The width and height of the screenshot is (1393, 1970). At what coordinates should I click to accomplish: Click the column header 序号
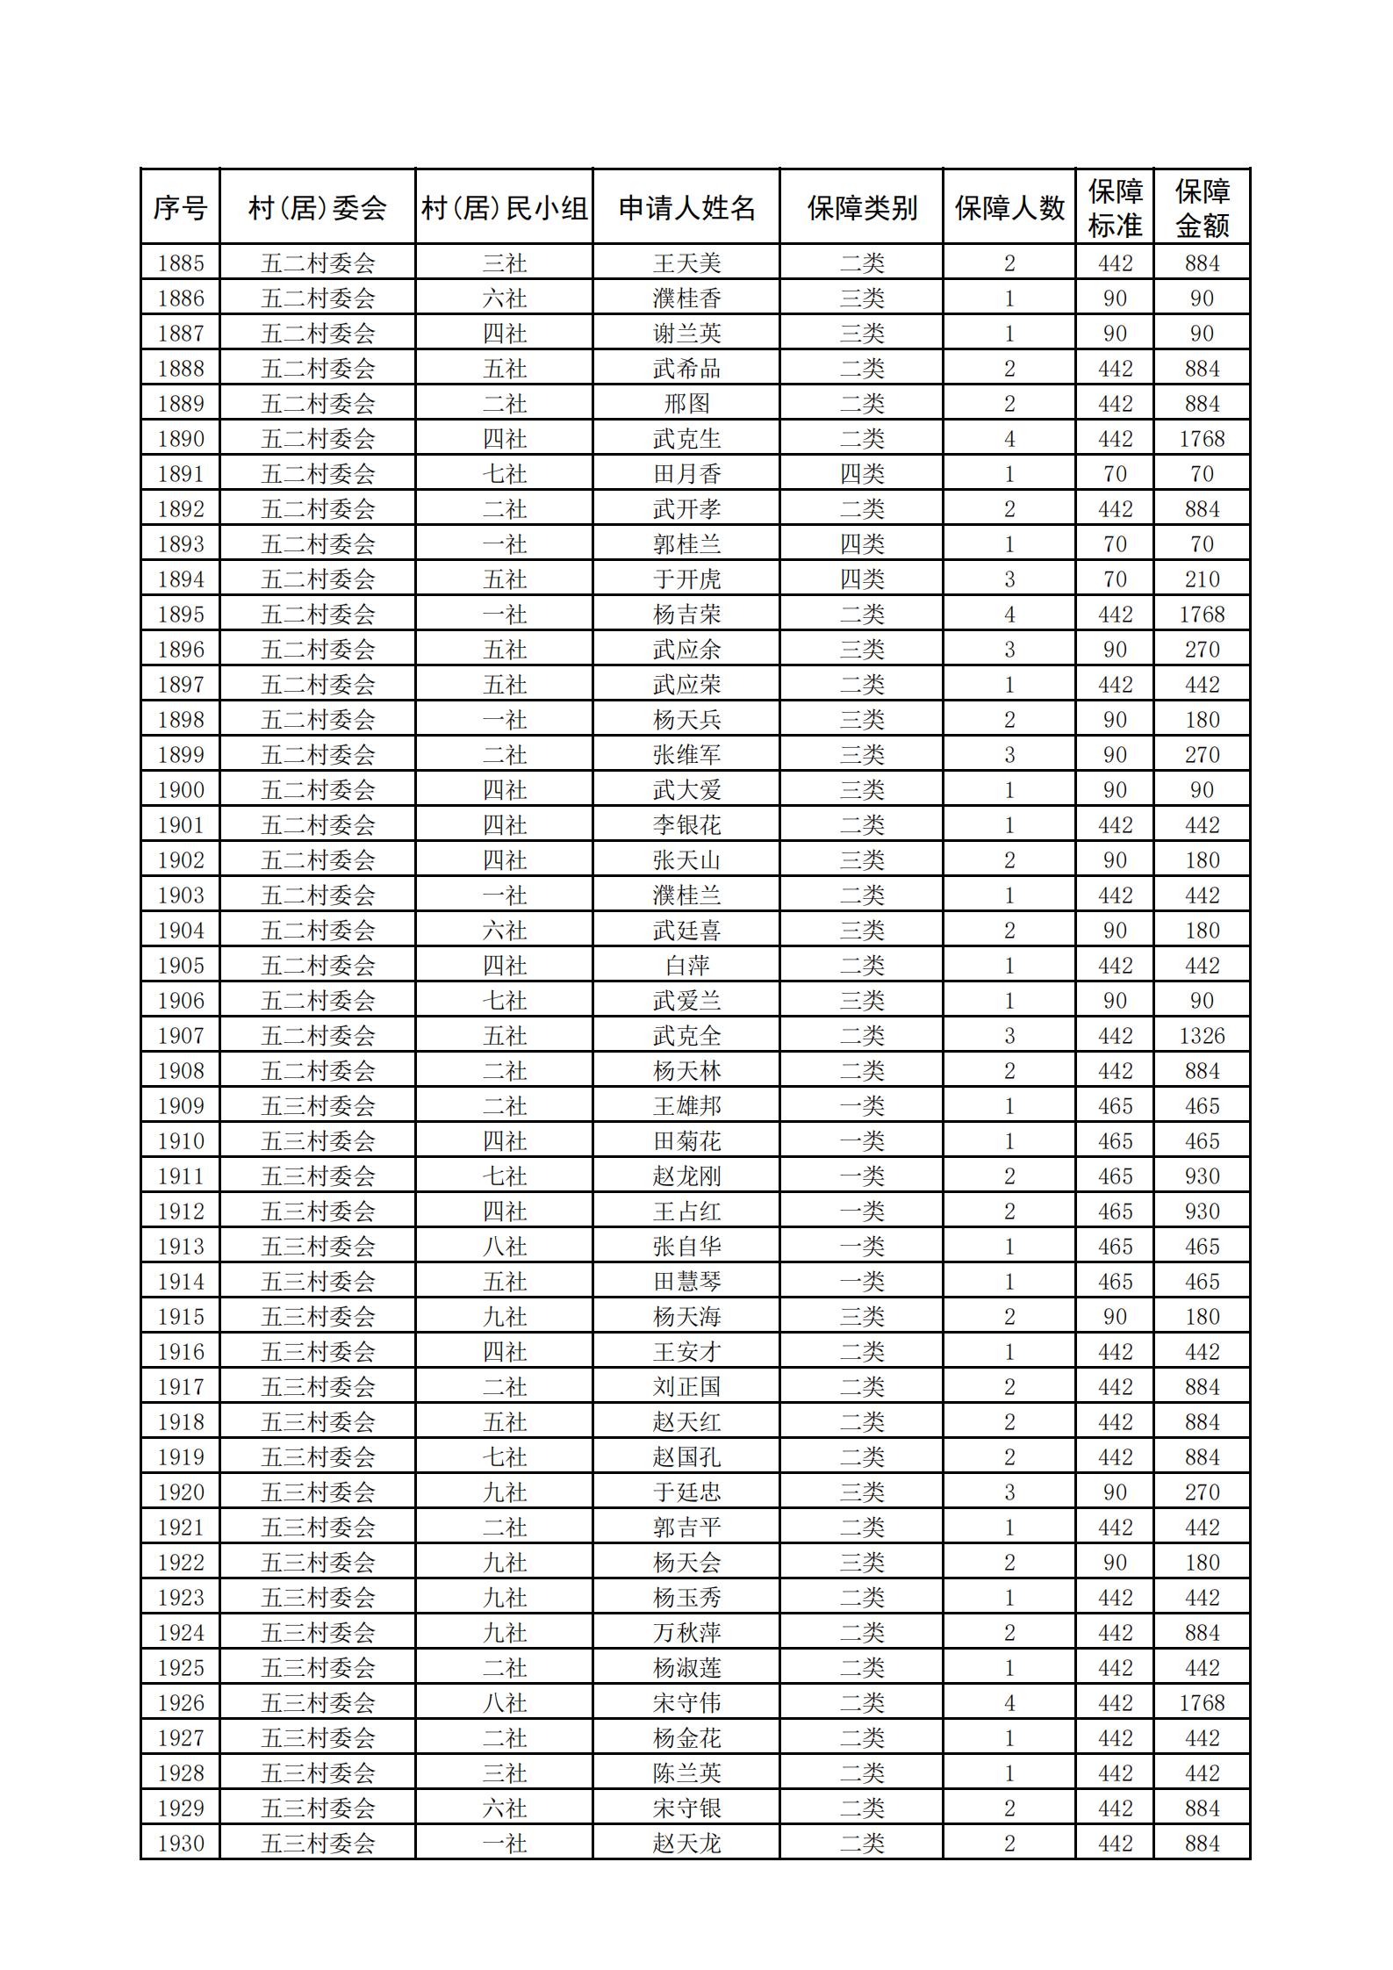tap(180, 208)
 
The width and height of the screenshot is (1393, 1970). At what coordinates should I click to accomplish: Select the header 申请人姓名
tap(686, 208)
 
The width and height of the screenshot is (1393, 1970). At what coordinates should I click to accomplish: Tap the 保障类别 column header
tap(861, 208)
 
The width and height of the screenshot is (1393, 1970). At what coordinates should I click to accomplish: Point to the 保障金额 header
tap(1202, 208)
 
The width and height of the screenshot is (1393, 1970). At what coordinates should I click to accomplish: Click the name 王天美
tap(686, 263)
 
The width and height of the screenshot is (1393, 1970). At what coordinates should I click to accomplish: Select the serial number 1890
tap(180, 439)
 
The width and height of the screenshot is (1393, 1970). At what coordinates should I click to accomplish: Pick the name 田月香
tap(686, 474)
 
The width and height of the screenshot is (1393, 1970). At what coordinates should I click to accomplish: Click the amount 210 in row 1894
tap(1202, 579)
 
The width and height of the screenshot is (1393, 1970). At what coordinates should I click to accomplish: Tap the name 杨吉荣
tap(686, 615)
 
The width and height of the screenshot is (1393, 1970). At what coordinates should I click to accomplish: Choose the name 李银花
tap(686, 825)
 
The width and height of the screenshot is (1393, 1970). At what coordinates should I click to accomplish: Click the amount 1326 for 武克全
tap(1202, 1036)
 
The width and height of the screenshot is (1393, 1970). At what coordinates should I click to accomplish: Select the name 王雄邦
tap(686, 1106)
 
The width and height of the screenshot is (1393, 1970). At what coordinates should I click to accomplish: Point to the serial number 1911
tap(180, 1176)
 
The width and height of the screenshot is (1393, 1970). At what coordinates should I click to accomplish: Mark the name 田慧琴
tap(686, 1282)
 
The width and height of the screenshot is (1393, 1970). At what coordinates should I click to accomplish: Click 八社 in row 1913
tap(505, 1247)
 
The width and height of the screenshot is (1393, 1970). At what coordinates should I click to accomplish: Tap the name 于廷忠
tap(686, 1492)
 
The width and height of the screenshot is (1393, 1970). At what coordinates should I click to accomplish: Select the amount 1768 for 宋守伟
tap(1202, 1703)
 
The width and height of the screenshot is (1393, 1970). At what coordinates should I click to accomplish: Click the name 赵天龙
tap(686, 1844)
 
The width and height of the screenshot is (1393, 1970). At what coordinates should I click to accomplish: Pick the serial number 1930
tap(180, 1844)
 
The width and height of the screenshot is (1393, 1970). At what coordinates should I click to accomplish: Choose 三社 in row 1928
tap(505, 1773)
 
